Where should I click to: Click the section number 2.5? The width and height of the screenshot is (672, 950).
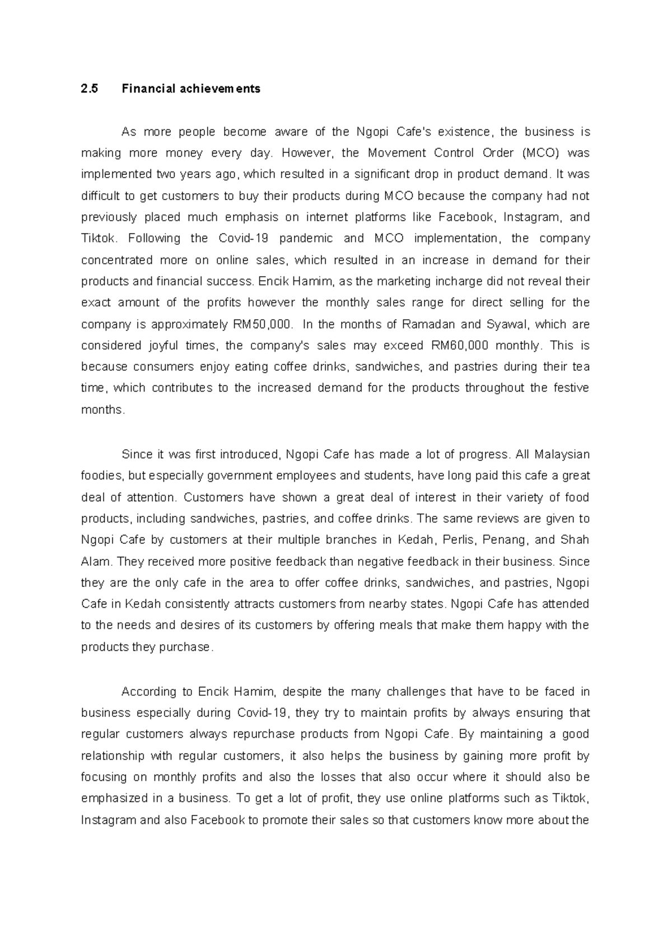(x=89, y=89)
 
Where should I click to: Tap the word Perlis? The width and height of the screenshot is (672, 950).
(x=457, y=540)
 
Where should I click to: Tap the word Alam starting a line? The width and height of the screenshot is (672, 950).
(x=96, y=561)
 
